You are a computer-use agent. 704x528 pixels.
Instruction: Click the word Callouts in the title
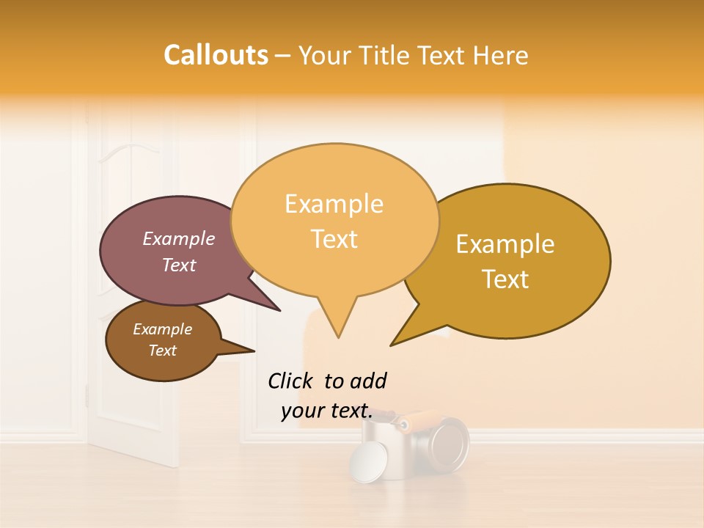(x=216, y=55)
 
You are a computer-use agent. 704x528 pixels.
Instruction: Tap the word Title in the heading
(x=386, y=56)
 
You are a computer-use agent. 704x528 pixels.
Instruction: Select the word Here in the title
(x=502, y=56)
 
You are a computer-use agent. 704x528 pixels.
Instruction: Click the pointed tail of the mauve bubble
(x=279, y=310)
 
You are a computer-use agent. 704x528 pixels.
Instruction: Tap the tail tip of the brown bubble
(x=254, y=350)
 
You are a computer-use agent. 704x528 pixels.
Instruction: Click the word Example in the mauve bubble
(x=179, y=239)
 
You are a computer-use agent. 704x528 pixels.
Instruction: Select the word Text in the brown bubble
(x=163, y=351)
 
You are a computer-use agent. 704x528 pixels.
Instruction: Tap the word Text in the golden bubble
(x=506, y=279)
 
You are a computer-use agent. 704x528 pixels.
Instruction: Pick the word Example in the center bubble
(x=334, y=204)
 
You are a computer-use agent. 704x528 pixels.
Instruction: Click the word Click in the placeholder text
(x=292, y=381)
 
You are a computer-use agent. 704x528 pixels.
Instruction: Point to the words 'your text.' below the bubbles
(x=326, y=411)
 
